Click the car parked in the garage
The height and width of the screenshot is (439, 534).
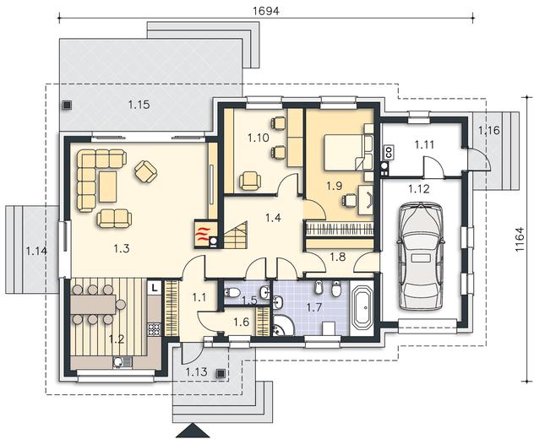coord(421,256)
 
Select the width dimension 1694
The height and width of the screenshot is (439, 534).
coord(266,11)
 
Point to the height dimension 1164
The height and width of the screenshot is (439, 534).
coord(520,239)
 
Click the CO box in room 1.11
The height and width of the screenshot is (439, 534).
coord(389,152)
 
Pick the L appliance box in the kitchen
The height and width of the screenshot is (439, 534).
coord(155,288)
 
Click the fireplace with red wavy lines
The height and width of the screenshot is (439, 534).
coord(204,234)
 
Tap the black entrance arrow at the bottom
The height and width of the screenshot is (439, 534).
coord(193,431)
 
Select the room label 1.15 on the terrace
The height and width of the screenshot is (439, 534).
coord(139,105)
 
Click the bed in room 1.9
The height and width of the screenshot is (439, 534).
coord(343,151)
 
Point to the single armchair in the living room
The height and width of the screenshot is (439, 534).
coord(146,171)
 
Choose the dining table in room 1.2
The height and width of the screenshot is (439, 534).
coord(94,305)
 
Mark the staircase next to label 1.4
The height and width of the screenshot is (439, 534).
coord(236,235)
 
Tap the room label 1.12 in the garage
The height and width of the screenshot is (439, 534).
coord(419,188)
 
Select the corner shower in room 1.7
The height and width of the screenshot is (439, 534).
coord(282,325)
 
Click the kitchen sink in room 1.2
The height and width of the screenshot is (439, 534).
coord(122,362)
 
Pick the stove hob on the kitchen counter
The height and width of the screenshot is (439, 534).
coord(154,329)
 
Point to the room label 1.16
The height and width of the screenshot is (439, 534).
coord(489,130)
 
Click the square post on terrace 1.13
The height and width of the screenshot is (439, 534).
coord(221,373)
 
